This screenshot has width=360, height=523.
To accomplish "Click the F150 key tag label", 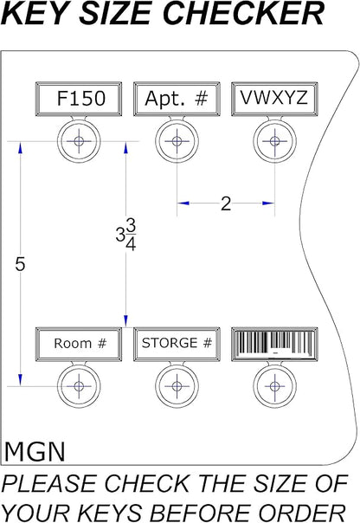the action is click(79, 99).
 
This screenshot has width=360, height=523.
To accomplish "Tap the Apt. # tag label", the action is click(177, 99).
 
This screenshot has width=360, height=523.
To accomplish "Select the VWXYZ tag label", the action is click(274, 99).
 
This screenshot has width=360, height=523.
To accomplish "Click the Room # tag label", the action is click(79, 345).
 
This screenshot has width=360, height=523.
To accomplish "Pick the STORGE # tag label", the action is click(177, 345).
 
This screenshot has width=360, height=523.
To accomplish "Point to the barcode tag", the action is click(274, 345).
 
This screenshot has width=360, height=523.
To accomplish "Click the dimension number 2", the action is click(226, 203).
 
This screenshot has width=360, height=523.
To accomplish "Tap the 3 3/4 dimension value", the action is click(125, 236).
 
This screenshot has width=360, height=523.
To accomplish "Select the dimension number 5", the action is click(20, 264).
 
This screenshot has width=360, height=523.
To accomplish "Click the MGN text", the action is click(35, 452).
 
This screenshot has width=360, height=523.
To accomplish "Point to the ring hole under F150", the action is click(79, 141).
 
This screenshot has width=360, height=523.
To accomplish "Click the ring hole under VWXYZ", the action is click(274, 141).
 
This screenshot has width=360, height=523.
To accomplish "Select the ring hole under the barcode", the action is click(274, 386).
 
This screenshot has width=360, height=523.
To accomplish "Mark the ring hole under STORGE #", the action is click(177, 386).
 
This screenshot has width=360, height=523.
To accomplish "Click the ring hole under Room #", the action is click(79, 386).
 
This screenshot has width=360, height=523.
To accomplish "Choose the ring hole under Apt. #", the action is click(177, 141).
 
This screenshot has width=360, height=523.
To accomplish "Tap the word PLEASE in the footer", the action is click(48, 483).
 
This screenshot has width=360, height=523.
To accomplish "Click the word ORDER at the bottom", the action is click(303, 513).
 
